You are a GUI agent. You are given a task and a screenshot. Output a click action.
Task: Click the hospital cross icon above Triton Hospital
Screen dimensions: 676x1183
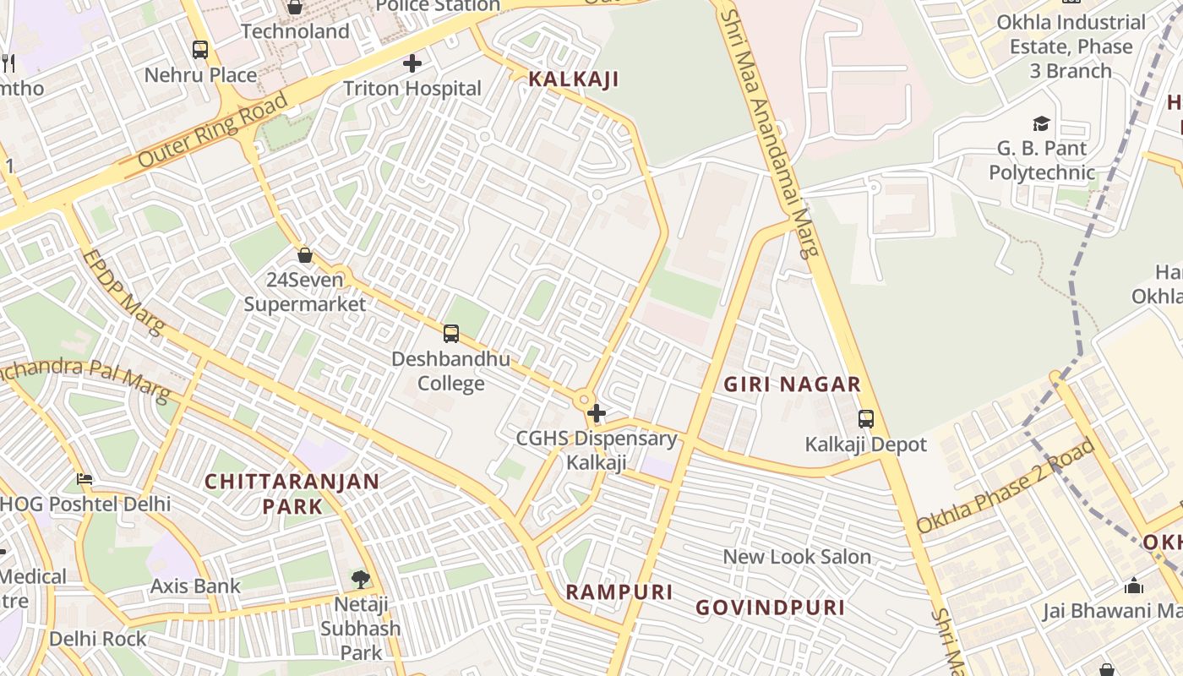pyautogui.click(x=412, y=63)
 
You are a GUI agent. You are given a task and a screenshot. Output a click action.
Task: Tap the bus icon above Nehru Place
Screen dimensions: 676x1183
pyautogui.click(x=200, y=50)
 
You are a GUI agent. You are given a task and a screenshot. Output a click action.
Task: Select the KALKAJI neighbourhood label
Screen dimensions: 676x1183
pyautogui.click(x=573, y=79)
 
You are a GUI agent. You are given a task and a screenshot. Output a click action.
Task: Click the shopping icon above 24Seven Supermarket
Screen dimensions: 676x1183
pyautogui.click(x=305, y=254)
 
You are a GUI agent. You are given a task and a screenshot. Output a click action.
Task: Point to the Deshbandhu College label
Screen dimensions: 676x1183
pyautogui.click(x=450, y=371)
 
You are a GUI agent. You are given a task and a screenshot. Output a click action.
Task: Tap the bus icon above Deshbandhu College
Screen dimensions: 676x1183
pyautogui.click(x=451, y=334)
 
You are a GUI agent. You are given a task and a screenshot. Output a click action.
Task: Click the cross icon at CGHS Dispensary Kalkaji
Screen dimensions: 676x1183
pyautogui.click(x=597, y=413)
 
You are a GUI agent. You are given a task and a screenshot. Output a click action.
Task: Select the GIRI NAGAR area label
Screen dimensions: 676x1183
pyautogui.click(x=792, y=384)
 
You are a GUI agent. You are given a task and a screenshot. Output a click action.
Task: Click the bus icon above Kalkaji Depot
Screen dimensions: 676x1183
pyautogui.click(x=865, y=418)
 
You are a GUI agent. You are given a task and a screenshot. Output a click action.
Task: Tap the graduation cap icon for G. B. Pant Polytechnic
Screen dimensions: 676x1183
pyautogui.click(x=1041, y=124)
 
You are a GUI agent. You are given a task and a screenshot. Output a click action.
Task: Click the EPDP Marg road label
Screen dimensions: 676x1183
pyautogui.click(x=123, y=292)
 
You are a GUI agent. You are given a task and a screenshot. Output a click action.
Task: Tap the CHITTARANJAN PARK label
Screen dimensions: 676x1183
pyautogui.click(x=292, y=493)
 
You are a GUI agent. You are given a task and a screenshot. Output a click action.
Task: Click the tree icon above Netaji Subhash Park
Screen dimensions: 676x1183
pyautogui.click(x=361, y=579)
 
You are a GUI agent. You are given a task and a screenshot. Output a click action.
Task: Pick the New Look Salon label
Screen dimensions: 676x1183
pyautogui.click(x=796, y=557)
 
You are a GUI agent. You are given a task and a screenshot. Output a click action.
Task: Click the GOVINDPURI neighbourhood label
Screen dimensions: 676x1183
pyautogui.click(x=770, y=608)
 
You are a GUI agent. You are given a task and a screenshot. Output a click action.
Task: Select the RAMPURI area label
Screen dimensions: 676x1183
pyautogui.click(x=619, y=592)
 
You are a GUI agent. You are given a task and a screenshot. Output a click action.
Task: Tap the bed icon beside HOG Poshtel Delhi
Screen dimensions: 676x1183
pyautogui.click(x=84, y=479)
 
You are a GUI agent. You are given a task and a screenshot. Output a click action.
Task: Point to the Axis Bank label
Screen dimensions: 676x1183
pyautogui.click(x=195, y=586)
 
